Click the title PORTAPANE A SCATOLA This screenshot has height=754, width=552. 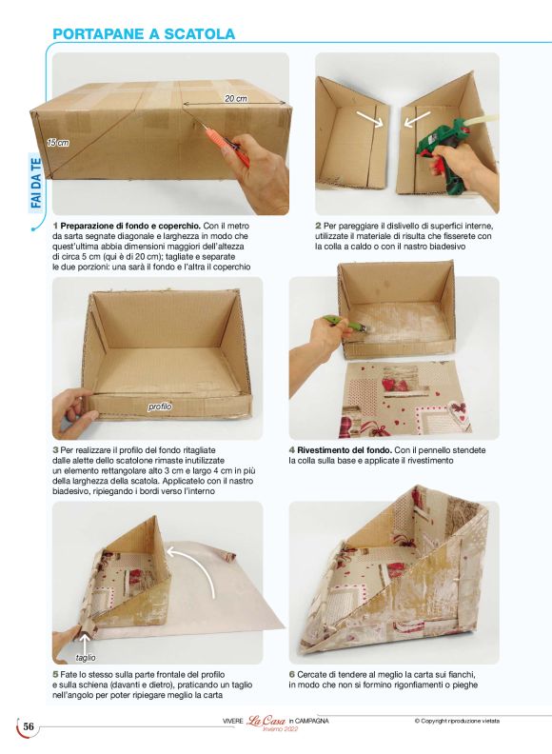coord(144,34)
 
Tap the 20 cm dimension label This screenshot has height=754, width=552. coord(236,98)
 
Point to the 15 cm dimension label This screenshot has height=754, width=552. coord(58,143)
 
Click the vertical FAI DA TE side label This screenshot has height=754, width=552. coord(35,182)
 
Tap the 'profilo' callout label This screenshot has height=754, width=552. coord(160,407)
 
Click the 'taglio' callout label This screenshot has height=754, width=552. coord(86,657)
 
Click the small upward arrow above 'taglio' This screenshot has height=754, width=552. coord(85,643)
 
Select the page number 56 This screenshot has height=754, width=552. coord(29,726)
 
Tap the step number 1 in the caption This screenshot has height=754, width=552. coord(55,226)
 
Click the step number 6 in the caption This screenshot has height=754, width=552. coord(291,675)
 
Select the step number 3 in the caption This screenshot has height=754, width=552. coord(55,450)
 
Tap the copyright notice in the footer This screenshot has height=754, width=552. coord(457,721)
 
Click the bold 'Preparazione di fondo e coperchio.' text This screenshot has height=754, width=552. coord(130,226)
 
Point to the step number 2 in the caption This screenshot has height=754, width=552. coord(318,226)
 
